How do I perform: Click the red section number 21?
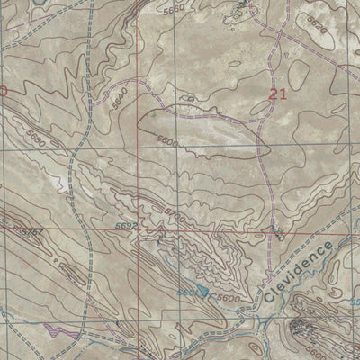point(279,92)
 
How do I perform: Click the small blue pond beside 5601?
point(206,293)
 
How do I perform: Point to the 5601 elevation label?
point(187,292)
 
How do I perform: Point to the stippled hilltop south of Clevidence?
point(310,328)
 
